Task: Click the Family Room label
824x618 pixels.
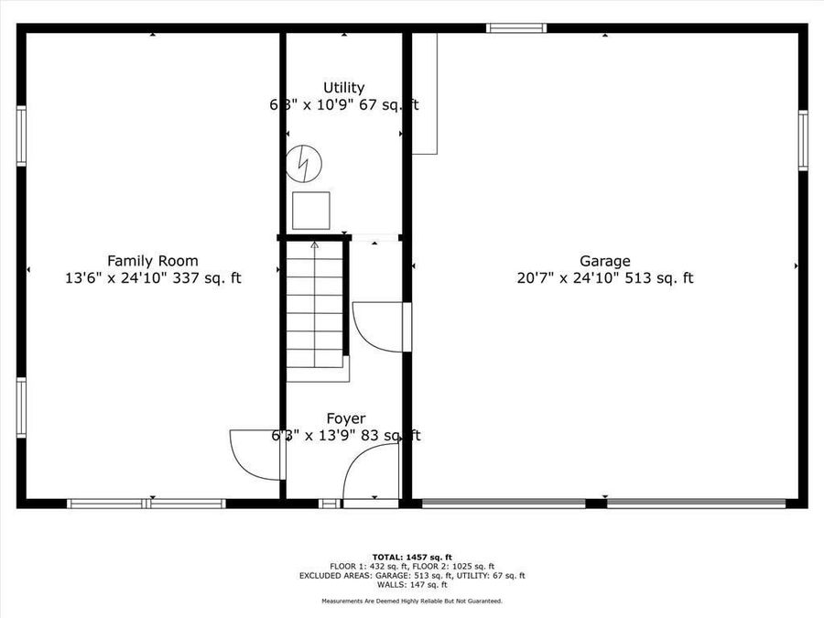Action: click(x=152, y=261)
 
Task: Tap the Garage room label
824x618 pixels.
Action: click(x=604, y=261)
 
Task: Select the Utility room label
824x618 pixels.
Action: click(x=343, y=88)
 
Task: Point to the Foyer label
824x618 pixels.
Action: click(x=345, y=418)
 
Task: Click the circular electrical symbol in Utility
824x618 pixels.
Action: click(x=304, y=163)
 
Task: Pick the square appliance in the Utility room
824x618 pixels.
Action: click(x=311, y=211)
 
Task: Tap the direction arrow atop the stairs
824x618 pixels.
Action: click(x=315, y=245)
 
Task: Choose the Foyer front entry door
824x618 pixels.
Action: click(x=371, y=476)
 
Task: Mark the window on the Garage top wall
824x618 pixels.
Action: click(x=516, y=27)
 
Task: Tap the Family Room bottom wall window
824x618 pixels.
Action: click(x=146, y=503)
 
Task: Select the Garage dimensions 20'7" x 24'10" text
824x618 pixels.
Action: click(x=604, y=278)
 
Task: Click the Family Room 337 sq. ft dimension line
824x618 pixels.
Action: click(x=152, y=278)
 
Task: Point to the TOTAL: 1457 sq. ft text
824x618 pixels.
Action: click(x=412, y=557)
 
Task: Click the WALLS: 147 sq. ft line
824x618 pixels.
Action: click(x=412, y=585)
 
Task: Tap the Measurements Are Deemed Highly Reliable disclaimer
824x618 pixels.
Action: click(x=412, y=601)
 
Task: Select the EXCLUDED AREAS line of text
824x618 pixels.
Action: click(x=412, y=576)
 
